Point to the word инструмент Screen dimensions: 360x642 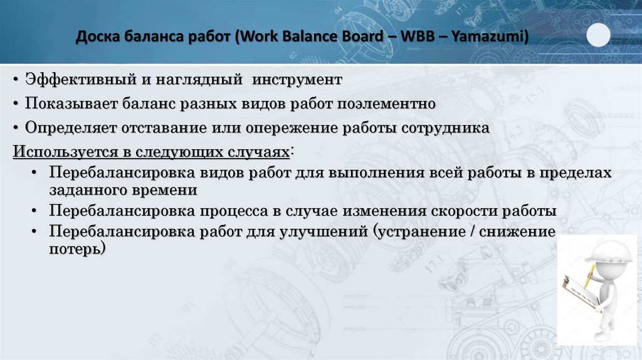(298, 80)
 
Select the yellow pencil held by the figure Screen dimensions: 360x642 (589, 276)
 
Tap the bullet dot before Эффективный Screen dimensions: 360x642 (14, 81)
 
